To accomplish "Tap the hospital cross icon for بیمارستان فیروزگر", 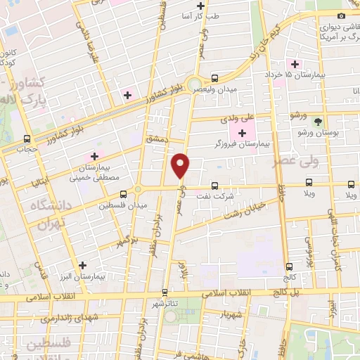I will coord(233,132).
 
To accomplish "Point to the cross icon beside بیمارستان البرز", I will coord(83,266).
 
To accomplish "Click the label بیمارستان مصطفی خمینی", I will coord(94,173).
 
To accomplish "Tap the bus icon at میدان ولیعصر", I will coord(214,78).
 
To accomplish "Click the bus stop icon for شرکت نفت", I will coord(214,186).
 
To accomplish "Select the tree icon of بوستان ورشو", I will coord(317,122).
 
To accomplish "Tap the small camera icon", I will coord(342,16).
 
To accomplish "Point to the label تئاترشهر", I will coord(164,303).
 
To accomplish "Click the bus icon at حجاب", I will coord(27,139).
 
